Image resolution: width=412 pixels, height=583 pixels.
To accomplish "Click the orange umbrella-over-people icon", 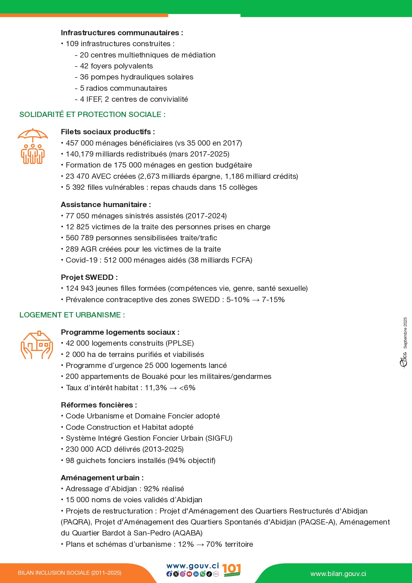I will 33,146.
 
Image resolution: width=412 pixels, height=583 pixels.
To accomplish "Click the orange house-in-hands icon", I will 37,345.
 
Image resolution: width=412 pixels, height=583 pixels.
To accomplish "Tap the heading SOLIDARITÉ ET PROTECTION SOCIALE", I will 92,115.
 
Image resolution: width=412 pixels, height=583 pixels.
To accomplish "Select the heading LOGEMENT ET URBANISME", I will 72,315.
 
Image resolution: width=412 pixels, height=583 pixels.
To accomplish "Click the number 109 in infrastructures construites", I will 72,44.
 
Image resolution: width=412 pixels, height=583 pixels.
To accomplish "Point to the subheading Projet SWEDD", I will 89,278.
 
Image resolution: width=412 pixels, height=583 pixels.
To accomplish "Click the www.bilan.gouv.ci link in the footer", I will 338,574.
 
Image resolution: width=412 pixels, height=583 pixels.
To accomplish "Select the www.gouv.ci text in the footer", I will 193,566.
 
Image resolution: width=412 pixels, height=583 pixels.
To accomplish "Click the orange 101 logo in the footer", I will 231,570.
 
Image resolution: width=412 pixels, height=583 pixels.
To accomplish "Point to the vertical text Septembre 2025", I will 405,333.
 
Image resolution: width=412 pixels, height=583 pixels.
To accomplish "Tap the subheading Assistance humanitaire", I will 106,205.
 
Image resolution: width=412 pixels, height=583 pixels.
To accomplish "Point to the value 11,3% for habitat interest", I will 156,388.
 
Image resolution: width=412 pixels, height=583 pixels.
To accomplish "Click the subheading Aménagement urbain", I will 102,478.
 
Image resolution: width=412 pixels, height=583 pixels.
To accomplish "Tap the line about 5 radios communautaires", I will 123,88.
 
